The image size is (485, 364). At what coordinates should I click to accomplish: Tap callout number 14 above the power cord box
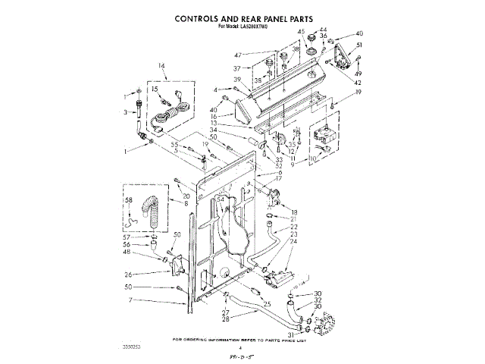(161, 65)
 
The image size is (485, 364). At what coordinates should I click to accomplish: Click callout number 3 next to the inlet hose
(125, 113)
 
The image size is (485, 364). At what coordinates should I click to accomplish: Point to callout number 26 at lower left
(129, 274)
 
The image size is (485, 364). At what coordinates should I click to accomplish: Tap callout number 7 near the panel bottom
(130, 300)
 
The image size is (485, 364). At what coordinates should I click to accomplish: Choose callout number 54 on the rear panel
(221, 200)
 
